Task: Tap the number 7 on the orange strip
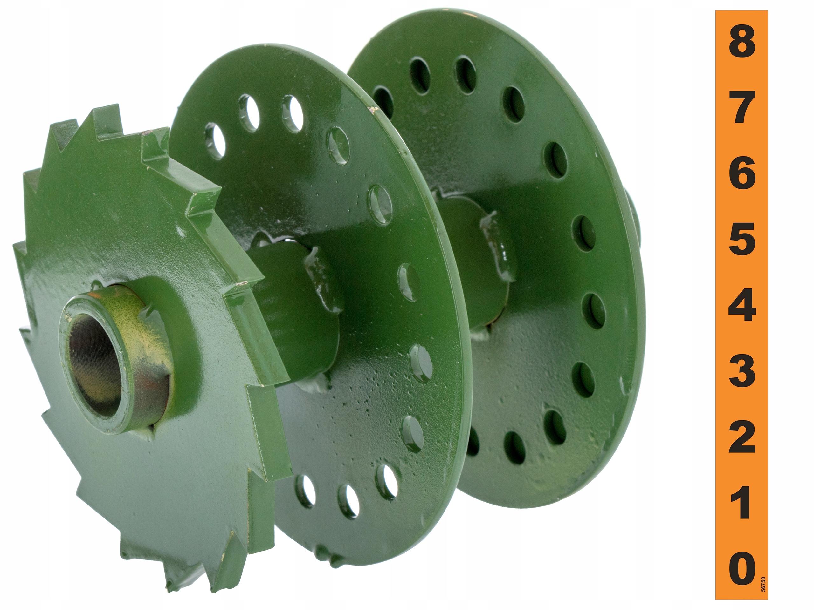742,108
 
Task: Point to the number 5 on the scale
742,239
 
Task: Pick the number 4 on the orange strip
742,304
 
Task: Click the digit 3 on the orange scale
742,370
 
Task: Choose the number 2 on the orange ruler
742,437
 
